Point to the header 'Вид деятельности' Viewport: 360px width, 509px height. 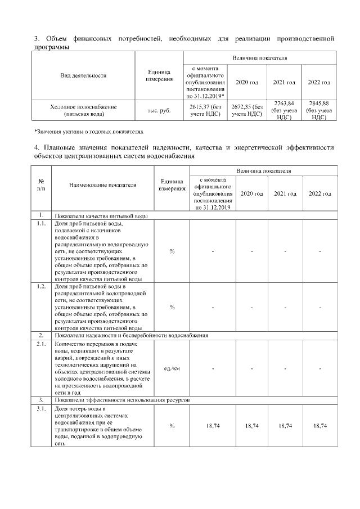point(83,75)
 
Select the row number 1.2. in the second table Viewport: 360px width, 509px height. point(40,286)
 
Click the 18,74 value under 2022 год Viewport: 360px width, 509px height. point(319,426)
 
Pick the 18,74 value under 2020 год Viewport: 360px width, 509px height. point(251,426)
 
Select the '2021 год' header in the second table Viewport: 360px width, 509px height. point(285,193)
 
